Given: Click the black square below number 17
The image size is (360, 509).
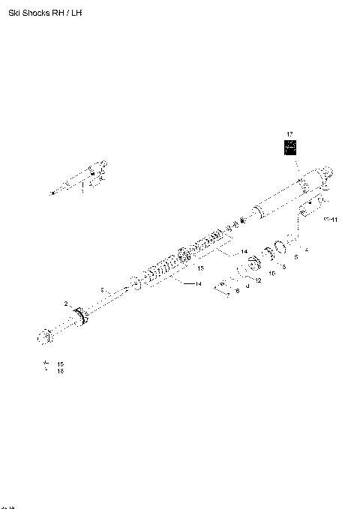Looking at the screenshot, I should coord(289,147).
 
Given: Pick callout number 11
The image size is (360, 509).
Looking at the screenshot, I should coord(334,220).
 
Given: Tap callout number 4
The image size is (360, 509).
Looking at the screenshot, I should coord(306,248).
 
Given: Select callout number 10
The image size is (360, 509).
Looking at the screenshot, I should coord(271,274).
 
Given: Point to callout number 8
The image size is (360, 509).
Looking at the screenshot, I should coord(237,290).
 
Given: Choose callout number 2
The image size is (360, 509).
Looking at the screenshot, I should coord(66,304).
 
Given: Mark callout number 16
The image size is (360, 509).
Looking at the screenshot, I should coord(60,371).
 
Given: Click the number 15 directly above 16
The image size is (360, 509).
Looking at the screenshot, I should coord(60,364).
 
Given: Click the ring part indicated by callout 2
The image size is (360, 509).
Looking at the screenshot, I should coord(80,319).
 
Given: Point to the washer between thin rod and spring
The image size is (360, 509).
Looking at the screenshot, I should coord(135,284).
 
